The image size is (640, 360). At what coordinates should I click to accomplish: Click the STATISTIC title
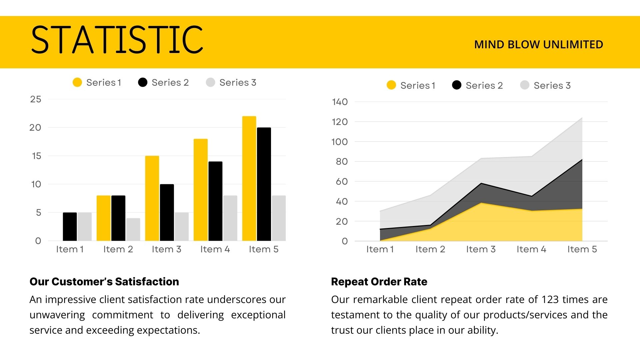click(117, 40)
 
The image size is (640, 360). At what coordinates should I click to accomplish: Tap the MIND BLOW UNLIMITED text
click(538, 45)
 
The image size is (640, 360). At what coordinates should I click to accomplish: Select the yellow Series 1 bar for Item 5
click(249, 178)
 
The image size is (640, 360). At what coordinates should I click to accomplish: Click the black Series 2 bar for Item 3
click(167, 212)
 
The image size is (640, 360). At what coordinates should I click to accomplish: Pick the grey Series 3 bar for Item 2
click(133, 229)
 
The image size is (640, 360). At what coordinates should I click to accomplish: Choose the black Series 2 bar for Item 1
click(70, 227)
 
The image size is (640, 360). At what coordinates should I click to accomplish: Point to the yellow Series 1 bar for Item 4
click(201, 190)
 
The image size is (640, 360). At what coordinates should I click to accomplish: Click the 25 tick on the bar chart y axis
click(36, 99)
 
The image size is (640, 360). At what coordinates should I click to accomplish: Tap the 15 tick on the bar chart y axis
click(36, 156)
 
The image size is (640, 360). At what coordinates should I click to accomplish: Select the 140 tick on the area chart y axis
click(340, 102)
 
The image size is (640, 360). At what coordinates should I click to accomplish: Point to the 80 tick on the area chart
click(342, 162)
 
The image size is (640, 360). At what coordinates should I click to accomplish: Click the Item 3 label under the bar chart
click(166, 249)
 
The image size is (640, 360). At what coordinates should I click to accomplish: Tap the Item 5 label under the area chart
click(582, 249)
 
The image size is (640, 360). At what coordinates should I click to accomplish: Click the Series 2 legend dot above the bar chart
click(143, 83)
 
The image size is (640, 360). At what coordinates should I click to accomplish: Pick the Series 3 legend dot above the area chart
click(525, 85)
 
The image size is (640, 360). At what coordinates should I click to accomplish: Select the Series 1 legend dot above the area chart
click(391, 85)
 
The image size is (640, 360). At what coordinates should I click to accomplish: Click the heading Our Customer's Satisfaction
click(104, 282)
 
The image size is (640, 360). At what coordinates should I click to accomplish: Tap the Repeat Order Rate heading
click(379, 282)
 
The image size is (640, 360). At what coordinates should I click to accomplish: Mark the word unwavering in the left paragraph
click(57, 315)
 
